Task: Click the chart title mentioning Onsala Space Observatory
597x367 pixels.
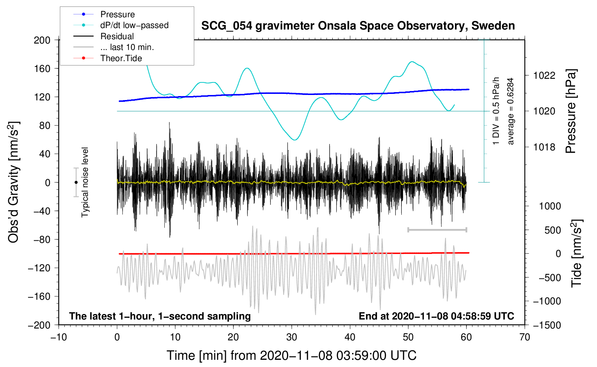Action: pyautogui.click(x=358, y=26)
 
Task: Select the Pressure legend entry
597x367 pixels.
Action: pyautogui.click(x=104, y=14)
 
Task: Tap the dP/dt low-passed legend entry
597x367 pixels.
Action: pyautogui.click(x=121, y=25)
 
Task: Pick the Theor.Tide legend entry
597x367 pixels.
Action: pyautogui.click(x=108, y=58)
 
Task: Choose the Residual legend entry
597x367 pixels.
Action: pyautogui.click(x=104, y=36)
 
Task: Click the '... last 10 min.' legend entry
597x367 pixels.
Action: pyautogui.click(x=114, y=47)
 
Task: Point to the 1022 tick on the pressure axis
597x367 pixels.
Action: pyautogui.click(x=544, y=76)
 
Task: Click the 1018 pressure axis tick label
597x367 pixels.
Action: pyautogui.click(x=544, y=147)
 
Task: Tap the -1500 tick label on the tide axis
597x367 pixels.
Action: pyautogui.click(x=547, y=325)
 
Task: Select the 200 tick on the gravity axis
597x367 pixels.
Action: pyautogui.click(x=42, y=40)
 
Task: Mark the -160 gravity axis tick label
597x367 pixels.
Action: pyautogui.click(x=39, y=296)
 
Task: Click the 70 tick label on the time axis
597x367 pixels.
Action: pyautogui.click(x=524, y=337)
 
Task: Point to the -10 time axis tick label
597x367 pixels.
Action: pyautogui.click(x=59, y=337)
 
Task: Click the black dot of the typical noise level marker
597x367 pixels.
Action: pyautogui.click(x=76, y=182)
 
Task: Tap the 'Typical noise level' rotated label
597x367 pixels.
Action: pyautogui.click(x=85, y=182)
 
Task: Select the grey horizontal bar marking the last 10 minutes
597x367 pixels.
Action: pyautogui.click(x=437, y=230)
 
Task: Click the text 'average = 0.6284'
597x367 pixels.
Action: pyautogui.click(x=510, y=112)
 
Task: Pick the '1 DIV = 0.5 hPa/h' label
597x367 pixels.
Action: pyautogui.click(x=496, y=111)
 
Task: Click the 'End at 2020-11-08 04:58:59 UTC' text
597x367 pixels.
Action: pyautogui.click(x=436, y=316)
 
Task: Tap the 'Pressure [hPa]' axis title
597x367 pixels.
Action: pyautogui.click(x=571, y=112)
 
